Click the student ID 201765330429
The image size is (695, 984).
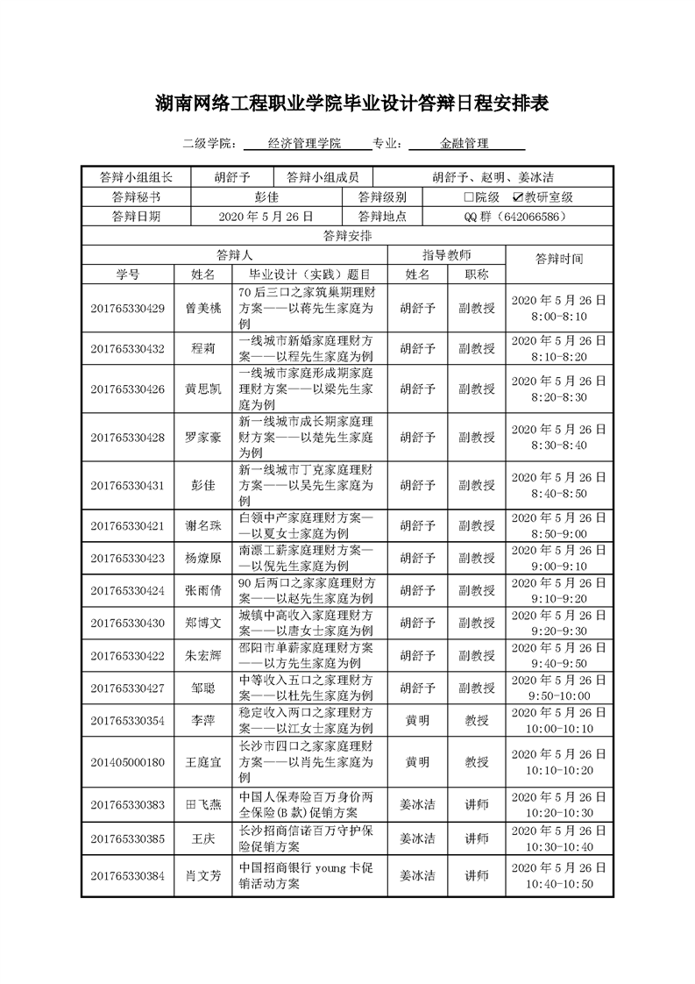click(127, 308)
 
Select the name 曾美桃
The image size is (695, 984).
click(203, 308)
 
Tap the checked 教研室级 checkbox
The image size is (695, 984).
click(518, 198)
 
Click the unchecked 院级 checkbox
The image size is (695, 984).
click(469, 198)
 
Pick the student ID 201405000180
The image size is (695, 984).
click(127, 762)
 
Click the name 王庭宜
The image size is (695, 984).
click(203, 762)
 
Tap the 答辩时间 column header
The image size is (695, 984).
click(558, 259)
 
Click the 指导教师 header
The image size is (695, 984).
click(447, 254)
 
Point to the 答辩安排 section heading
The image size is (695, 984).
click(347, 235)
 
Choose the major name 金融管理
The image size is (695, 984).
click(465, 144)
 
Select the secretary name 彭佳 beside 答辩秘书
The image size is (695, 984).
click(266, 198)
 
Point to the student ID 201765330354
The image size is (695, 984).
click(127, 720)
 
